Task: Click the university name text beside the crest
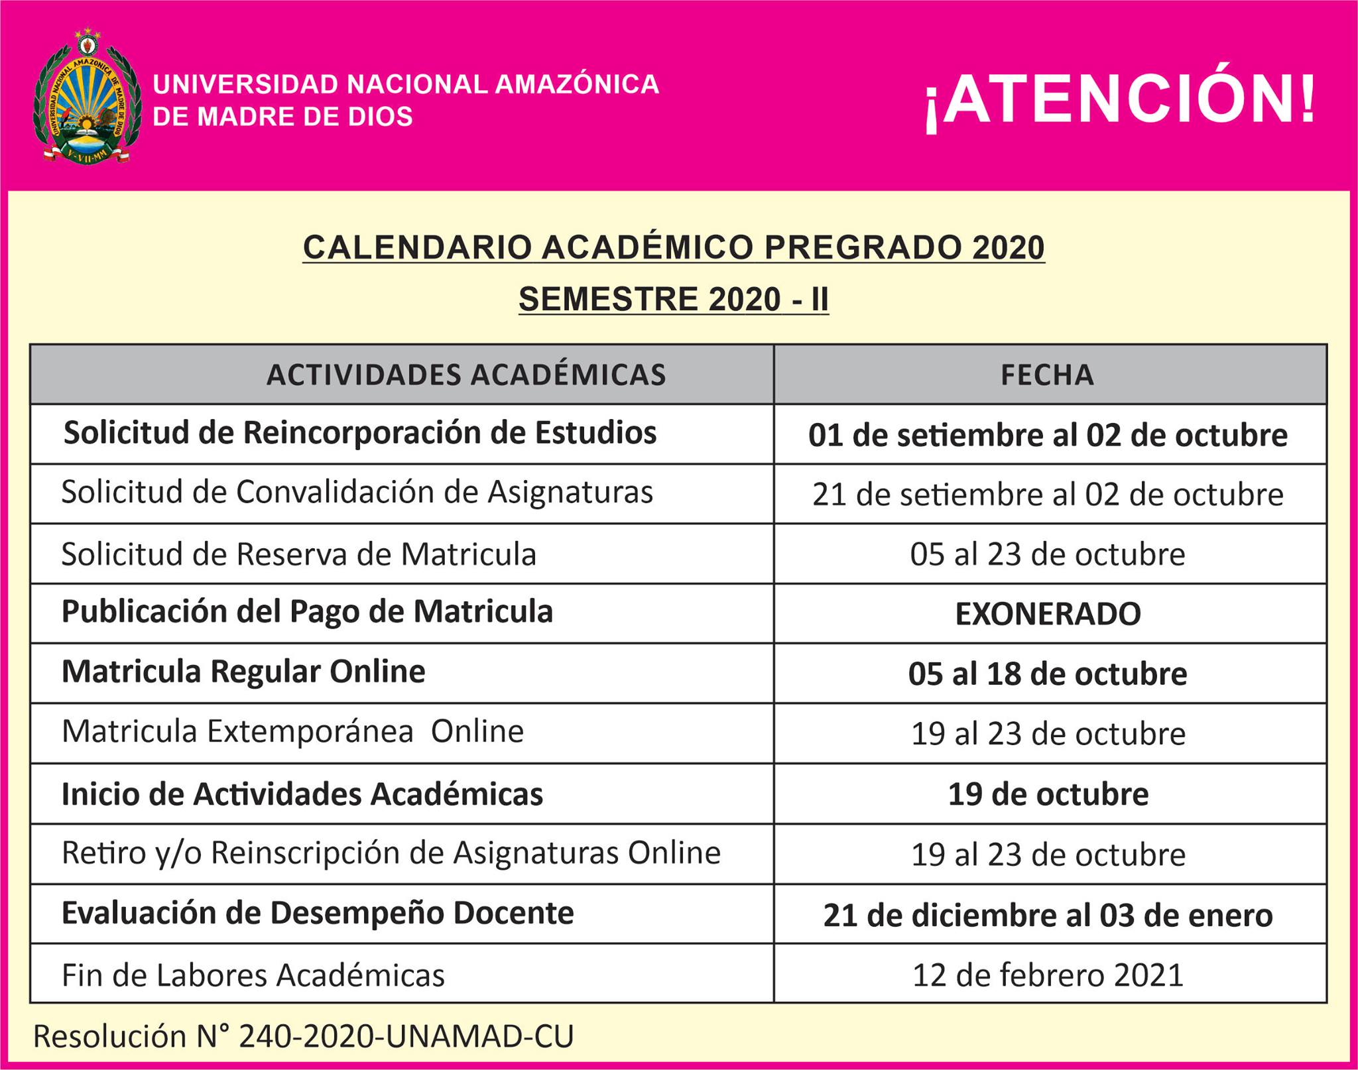point(406,100)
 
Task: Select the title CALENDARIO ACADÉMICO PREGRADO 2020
point(674,248)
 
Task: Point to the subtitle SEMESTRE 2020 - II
point(674,299)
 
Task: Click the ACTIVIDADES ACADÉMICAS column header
point(466,375)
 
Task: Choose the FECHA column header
point(1048,375)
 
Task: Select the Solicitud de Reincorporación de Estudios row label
point(360,433)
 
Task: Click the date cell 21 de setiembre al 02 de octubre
point(1048,495)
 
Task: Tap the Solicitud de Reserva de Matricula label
point(298,554)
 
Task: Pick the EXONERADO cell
point(1048,614)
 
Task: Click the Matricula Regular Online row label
point(243,672)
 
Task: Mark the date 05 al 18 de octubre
point(1048,674)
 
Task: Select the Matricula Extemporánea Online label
point(292,732)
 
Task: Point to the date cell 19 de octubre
point(1048,794)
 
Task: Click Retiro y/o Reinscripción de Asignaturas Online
point(391,853)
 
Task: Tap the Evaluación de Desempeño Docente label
point(318,914)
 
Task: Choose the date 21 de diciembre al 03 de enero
point(1048,916)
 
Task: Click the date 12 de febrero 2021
point(1048,975)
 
